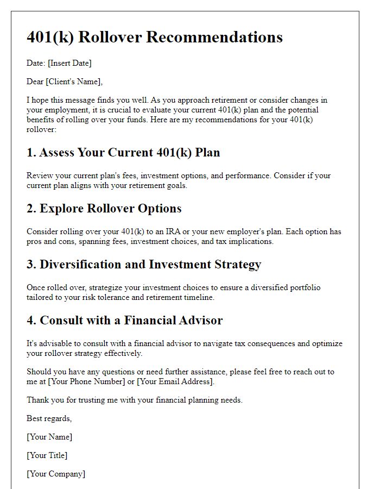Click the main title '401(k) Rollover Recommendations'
click(155, 37)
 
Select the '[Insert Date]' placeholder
click(69, 63)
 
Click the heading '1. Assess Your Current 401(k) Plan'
click(123, 153)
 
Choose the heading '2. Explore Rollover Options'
click(104, 209)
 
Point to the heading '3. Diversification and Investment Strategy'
click(144, 265)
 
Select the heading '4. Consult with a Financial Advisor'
click(124, 321)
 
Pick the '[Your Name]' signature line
click(49, 437)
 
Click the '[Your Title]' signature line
click(47, 455)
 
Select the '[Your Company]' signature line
click(56, 474)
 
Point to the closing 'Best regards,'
click(49, 418)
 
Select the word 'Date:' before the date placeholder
click(36, 63)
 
